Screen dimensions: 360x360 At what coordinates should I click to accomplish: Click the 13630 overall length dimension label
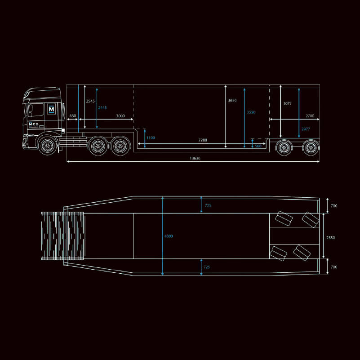pos(195,158)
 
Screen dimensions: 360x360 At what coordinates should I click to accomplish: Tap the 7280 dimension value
pos(203,140)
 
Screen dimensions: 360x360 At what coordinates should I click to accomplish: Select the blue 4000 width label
pos(169,236)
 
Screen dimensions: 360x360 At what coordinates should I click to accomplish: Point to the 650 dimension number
pos(72,116)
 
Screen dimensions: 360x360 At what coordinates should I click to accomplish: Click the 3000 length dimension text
pos(120,116)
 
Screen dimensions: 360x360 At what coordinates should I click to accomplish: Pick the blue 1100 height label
pos(151,138)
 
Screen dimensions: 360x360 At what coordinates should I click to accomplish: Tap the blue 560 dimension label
pos(258,146)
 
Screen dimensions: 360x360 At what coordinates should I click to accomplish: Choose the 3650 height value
pos(232,100)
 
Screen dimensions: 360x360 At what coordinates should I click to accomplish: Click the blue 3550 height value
pos(251,112)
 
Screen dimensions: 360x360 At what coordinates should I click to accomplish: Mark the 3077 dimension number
pos(287,103)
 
